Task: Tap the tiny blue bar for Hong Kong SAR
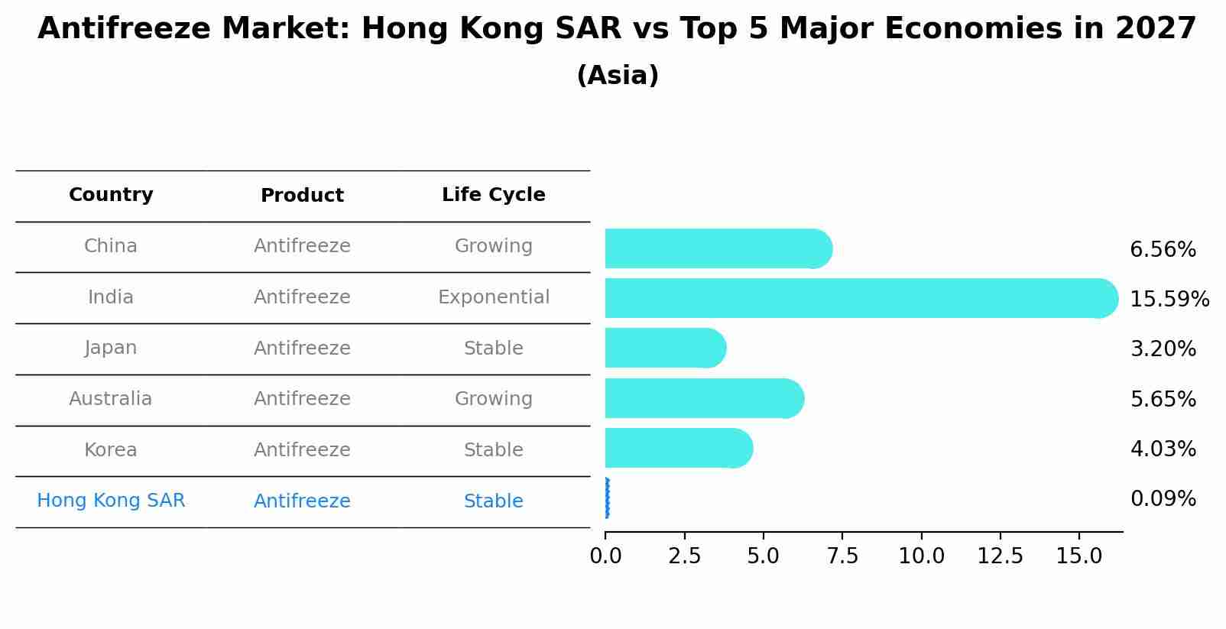point(607,498)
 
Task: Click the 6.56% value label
point(1163,250)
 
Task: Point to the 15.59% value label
point(1169,299)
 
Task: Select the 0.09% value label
point(1163,499)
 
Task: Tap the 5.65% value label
point(1163,399)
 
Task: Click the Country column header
point(111,195)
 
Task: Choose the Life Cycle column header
point(493,195)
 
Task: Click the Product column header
point(302,196)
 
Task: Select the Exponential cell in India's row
point(493,297)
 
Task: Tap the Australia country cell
point(111,399)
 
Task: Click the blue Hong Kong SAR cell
point(111,501)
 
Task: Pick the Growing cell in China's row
point(493,246)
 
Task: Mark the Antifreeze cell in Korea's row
point(302,450)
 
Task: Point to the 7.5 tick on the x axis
point(842,556)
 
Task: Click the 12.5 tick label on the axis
point(1000,556)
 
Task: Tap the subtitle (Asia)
point(617,76)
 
